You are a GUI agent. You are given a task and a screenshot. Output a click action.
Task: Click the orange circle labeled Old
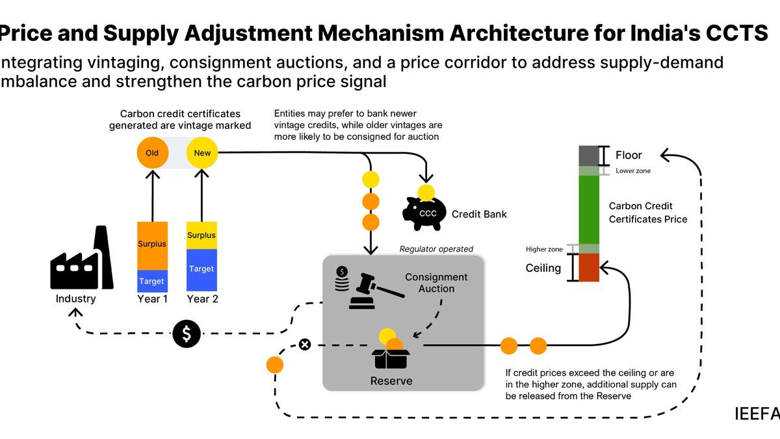click(x=152, y=153)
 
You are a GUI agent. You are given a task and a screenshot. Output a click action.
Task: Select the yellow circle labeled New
click(x=202, y=153)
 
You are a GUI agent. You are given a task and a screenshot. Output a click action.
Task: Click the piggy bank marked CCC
click(x=425, y=212)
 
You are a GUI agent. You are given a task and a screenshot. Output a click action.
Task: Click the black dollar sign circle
click(x=187, y=334)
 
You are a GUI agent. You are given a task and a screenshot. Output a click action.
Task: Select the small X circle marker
click(x=304, y=344)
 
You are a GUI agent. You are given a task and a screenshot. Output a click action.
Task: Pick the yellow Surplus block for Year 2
click(x=201, y=235)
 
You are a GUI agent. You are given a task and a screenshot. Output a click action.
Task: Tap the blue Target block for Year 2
click(x=201, y=269)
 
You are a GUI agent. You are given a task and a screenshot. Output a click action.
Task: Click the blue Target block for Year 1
click(x=152, y=281)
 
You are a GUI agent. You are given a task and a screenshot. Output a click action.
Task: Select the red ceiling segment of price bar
click(x=588, y=267)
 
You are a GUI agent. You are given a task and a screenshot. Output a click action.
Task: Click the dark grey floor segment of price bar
click(x=588, y=155)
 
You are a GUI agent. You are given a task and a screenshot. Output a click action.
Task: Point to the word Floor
click(x=629, y=155)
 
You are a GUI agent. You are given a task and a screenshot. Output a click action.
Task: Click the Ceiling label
click(x=543, y=268)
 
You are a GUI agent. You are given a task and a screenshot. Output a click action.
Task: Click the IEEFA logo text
click(x=758, y=414)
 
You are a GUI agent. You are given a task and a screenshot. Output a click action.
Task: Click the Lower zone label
click(x=633, y=171)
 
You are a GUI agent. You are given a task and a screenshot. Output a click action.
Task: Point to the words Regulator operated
click(x=436, y=248)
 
